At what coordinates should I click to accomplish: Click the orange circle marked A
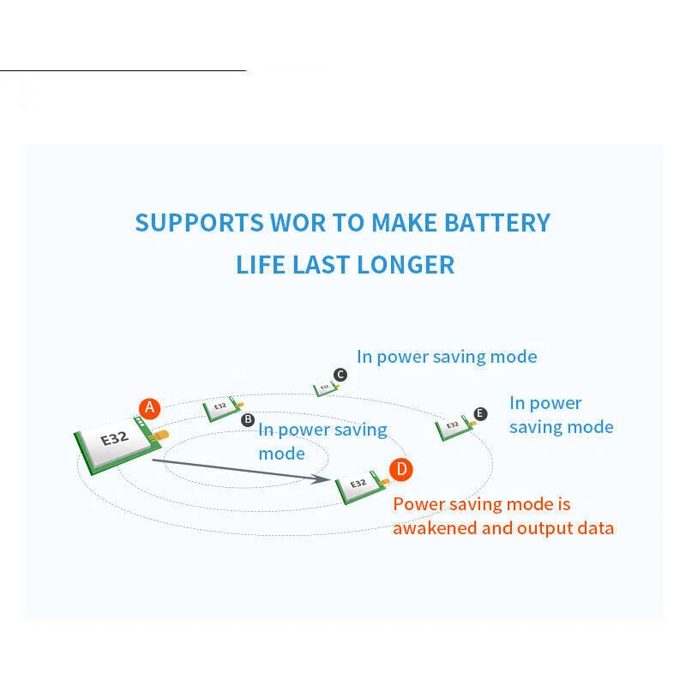(x=150, y=408)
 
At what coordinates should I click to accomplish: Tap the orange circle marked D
(x=401, y=469)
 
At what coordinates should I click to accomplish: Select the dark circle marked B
(x=248, y=419)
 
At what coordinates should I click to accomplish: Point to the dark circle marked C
(x=340, y=375)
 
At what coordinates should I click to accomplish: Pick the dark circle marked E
(x=480, y=414)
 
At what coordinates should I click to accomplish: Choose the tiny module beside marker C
(x=323, y=388)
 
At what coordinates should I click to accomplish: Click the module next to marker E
(x=452, y=425)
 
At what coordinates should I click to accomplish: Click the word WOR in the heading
(x=298, y=223)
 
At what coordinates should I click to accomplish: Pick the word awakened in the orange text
(x=434, y=527)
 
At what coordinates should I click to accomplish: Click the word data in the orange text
(x=594, y=527)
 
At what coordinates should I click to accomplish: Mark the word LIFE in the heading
(x=260, y=264)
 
